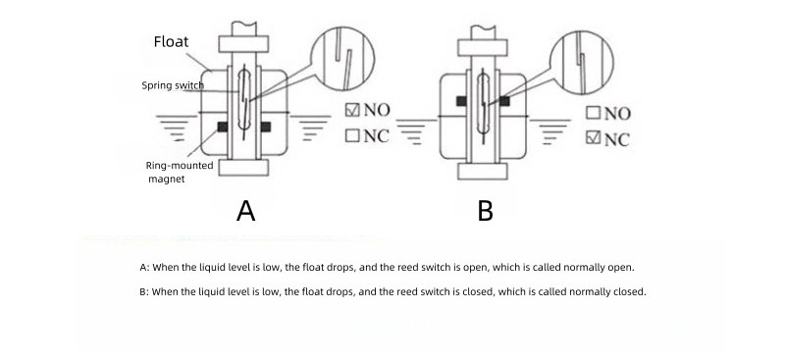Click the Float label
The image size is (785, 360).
pos(171,41)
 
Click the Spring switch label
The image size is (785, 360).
pos(173,85)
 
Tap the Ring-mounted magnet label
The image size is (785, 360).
pos(180,172)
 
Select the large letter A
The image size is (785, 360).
pos(245,211)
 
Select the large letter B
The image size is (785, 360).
pos(485,211)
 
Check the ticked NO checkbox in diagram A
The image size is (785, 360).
pos(352,110)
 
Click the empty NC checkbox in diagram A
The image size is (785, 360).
pos(352,135)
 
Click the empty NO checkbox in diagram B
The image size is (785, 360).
pos(594,113)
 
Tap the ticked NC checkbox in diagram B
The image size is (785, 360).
pos(594,137)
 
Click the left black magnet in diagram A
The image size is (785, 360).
pos(223,127)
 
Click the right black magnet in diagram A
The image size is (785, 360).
pos(266,127)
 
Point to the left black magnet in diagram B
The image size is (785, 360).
pos(461,101)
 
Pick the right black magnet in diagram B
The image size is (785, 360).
pos(504,101)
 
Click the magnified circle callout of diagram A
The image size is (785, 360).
pos(342,59)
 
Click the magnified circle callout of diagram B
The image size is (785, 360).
pos(581,63)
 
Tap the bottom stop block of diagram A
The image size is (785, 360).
pos(243,168)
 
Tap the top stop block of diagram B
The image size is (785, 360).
pos(483,47)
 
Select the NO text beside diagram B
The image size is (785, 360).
pos(617,114)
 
